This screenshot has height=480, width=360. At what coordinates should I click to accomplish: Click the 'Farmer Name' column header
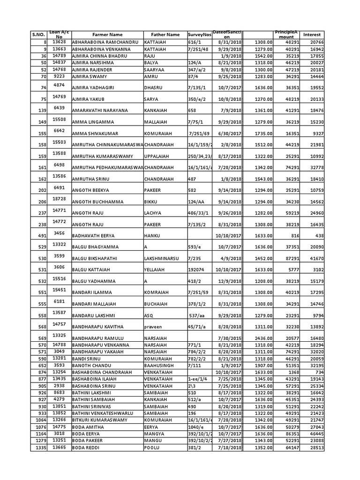107,35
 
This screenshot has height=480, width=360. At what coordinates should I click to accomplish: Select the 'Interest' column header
312,35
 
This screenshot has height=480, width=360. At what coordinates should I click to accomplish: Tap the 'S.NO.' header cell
37,35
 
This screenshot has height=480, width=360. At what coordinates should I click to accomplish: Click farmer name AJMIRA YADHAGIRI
93,88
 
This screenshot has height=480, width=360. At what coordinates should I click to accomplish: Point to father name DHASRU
153,88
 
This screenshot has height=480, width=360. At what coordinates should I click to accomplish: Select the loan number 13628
59,42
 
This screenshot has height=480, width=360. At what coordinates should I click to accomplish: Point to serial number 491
42,236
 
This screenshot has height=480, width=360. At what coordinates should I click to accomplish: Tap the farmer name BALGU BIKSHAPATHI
94,258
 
